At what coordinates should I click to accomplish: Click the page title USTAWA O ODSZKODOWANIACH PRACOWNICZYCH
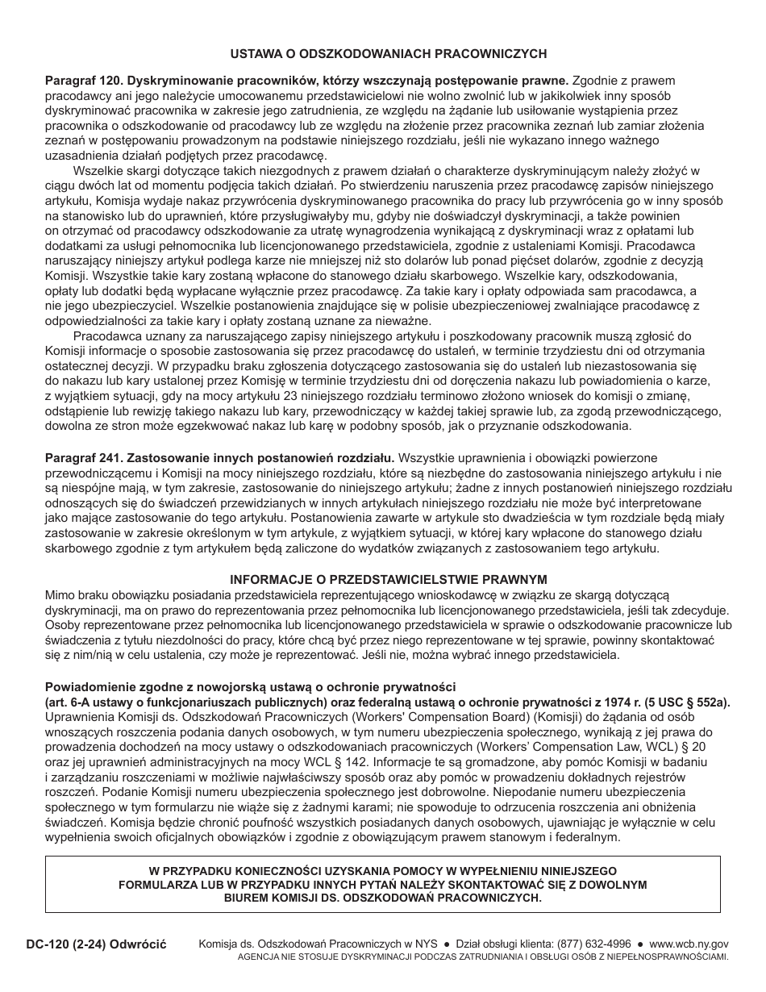pos(388,54)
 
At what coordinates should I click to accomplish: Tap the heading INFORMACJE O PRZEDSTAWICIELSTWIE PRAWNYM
pos(388,579)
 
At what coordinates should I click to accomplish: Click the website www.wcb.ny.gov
pos(688,944)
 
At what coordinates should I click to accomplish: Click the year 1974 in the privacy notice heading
pos(584,702)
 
